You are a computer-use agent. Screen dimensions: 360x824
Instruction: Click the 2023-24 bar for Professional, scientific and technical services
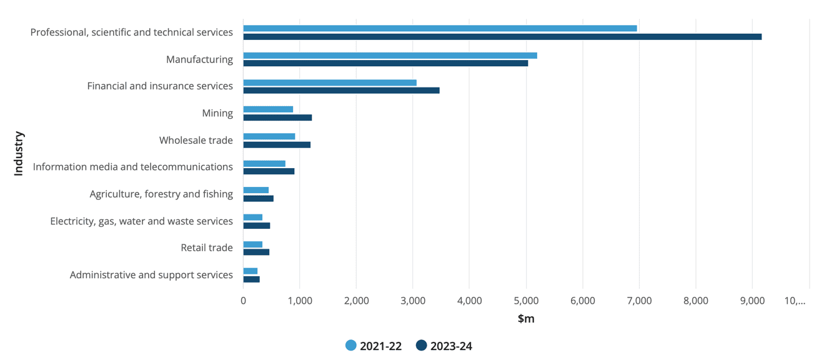point(502,37)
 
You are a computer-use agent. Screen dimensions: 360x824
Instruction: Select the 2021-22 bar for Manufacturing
point(390,56)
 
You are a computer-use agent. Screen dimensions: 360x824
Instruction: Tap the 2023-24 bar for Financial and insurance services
point(341,91)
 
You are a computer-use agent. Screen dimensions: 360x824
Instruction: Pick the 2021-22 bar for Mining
point(268,109)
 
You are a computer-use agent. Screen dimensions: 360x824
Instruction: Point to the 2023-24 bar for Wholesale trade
point(277,145)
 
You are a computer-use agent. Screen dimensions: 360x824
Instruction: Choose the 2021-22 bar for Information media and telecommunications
point(264,164)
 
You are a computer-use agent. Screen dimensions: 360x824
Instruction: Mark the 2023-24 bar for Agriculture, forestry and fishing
point(258,199)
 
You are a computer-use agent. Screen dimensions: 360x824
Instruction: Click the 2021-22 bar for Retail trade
point(253,244)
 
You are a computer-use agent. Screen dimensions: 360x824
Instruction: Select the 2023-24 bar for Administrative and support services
point(251,279)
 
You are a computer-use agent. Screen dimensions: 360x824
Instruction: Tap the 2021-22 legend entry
point(374,346)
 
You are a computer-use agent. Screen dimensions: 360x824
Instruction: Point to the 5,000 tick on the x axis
point(526,301)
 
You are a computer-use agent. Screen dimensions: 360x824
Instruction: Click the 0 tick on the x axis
point(243,301)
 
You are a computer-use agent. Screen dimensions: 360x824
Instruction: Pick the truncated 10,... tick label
point(795,301)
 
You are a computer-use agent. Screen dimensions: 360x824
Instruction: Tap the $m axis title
point(526,319)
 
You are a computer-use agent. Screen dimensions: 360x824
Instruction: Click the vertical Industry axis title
point(19,153)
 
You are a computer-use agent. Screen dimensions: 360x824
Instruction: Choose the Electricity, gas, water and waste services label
point(141,221)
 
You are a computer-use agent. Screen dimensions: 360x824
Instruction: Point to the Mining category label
point(217,113)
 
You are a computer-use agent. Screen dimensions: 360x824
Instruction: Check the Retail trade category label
point(207,247)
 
